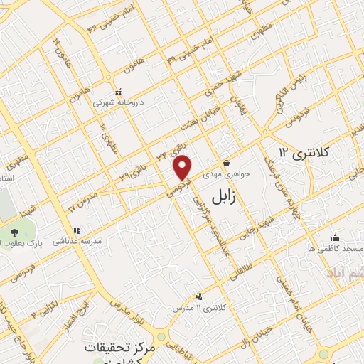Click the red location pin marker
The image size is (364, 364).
pyautogui.click(x=183, y=167)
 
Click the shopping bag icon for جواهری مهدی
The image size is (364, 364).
pyautogui.click(x=226, y=163)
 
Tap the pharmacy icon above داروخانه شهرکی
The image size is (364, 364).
pyautogui.click(x=119, y=92)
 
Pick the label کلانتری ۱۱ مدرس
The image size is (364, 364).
pyautogui.click(x=199, y=308)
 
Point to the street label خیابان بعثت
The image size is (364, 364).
pyautogui.click(x=188, y=116)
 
